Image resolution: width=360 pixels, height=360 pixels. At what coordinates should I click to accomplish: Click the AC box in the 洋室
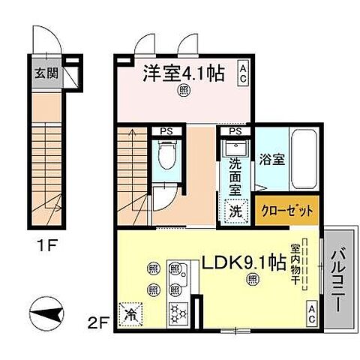point(244,73)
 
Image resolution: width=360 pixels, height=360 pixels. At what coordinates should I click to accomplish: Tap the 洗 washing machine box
point(235,211)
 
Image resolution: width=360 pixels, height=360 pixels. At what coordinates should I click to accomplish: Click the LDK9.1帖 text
point(241,264)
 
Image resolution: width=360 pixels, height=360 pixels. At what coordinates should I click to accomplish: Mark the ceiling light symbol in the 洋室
point(182,92)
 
